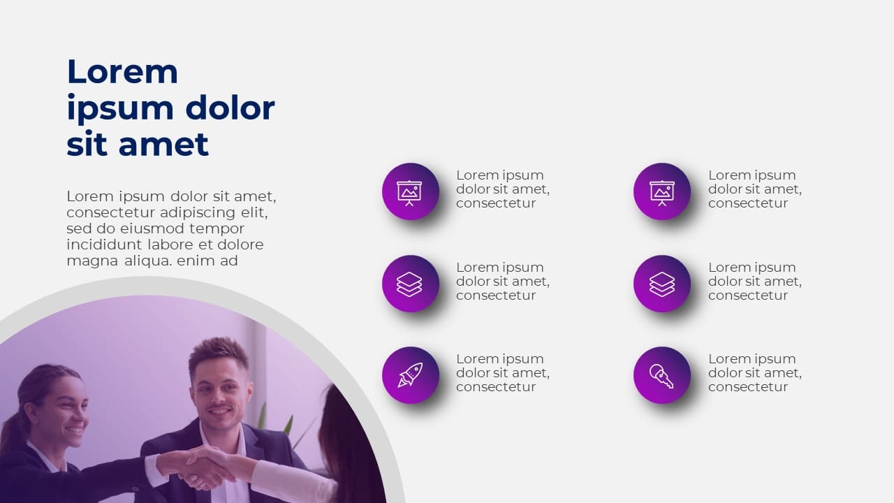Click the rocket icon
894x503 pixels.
point(410,375)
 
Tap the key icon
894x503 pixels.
point(661,375)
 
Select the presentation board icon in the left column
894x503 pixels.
point(410,191)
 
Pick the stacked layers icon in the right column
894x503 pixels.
point(661,284)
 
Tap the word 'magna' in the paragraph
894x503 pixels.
point(88,261)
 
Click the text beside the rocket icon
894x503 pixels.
point(502,372)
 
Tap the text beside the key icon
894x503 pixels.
point(754,372)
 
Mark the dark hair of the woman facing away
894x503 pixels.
point(349,447)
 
